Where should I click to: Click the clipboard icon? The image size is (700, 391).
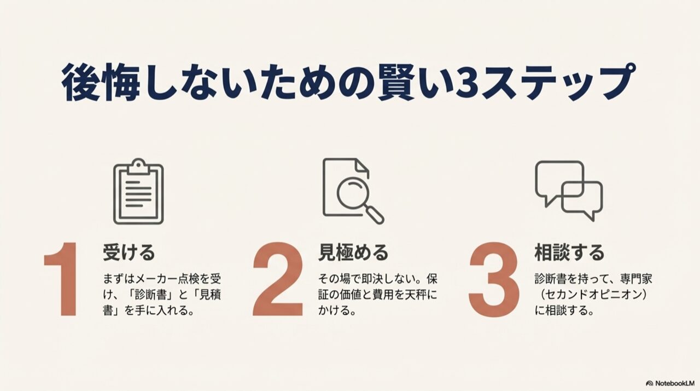pos(138,192)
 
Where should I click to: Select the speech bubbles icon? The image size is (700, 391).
pos(569,191)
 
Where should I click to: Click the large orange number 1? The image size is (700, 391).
pos(62,279)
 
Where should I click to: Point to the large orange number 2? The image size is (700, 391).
pos(278,279)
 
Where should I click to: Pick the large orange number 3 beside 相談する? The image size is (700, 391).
pos(494,279)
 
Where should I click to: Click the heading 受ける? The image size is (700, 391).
pos(129,252)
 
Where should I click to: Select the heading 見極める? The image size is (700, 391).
pos(353,252)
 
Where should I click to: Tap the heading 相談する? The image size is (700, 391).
pos(569,252)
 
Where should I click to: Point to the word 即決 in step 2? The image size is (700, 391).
pos(372,279)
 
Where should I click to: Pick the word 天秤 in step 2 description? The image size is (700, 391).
pos(416,295)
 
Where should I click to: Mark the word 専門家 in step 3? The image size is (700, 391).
pos(636,279)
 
